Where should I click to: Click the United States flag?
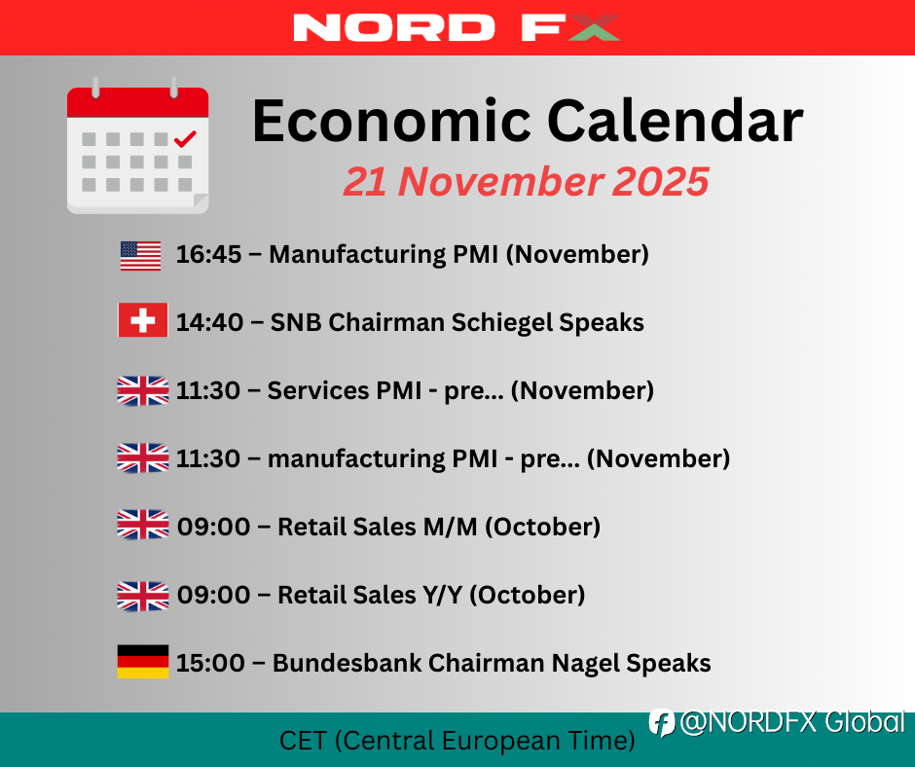coord(140,256)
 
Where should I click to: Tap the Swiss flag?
coord(143,320)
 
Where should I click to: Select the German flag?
coord(143,661)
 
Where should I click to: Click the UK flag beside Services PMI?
coord(143,390)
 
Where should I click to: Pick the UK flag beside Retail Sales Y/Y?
coord(143,596)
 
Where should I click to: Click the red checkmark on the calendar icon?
coord(185,139)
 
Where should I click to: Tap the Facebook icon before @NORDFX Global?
coord(662,723)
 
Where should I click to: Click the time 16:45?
coord(209,254)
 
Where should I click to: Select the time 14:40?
coord(209,322)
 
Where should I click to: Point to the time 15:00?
coord(210,663)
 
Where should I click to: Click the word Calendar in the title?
coord(676,121)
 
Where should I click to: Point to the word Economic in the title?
coord(391,121)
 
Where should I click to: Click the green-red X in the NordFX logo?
coord(594,27)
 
